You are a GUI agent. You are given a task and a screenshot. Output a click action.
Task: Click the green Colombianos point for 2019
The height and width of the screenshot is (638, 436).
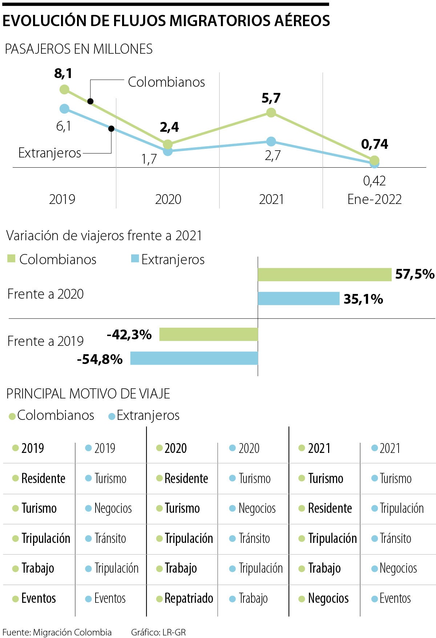[64, 89]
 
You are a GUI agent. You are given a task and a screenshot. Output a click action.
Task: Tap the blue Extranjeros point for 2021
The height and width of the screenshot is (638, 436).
[271, 142]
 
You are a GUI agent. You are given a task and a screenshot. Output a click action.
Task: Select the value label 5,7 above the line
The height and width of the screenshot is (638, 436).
[271, 98]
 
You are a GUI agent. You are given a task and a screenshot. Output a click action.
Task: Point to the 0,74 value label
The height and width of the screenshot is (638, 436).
[375, 144]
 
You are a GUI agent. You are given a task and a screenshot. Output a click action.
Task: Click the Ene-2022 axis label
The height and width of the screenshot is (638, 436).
[374, 199]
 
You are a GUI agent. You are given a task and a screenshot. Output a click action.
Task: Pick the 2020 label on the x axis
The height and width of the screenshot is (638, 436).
[168, 199]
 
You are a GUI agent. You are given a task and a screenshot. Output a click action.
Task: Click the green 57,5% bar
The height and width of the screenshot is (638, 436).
[324, 275]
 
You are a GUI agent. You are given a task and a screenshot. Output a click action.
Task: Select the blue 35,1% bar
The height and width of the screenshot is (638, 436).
[298, 299]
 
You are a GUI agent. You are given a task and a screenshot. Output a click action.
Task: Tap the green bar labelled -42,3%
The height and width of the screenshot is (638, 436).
[209, 334]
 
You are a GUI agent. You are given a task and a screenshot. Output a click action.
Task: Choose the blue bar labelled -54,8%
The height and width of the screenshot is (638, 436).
[194, 358]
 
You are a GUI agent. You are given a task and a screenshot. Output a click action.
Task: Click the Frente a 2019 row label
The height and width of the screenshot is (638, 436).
[45, 341]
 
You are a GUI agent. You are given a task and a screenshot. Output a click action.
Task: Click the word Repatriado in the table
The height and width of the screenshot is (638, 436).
[189, 598]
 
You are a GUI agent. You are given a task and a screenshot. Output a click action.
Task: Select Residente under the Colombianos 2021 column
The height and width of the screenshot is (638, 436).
[330, 508]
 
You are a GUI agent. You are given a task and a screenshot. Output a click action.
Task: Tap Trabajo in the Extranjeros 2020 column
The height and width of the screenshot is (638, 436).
[253, 598]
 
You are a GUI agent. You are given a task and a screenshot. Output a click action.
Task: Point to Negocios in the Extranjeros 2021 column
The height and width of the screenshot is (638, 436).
[398, 568]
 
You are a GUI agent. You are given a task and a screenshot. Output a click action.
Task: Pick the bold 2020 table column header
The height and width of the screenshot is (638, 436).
[175, 449]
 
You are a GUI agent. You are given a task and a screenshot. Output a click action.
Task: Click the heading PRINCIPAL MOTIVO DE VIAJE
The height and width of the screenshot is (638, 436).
[88, 394]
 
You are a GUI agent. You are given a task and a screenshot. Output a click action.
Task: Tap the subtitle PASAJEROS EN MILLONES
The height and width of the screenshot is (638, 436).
[78, 49]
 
